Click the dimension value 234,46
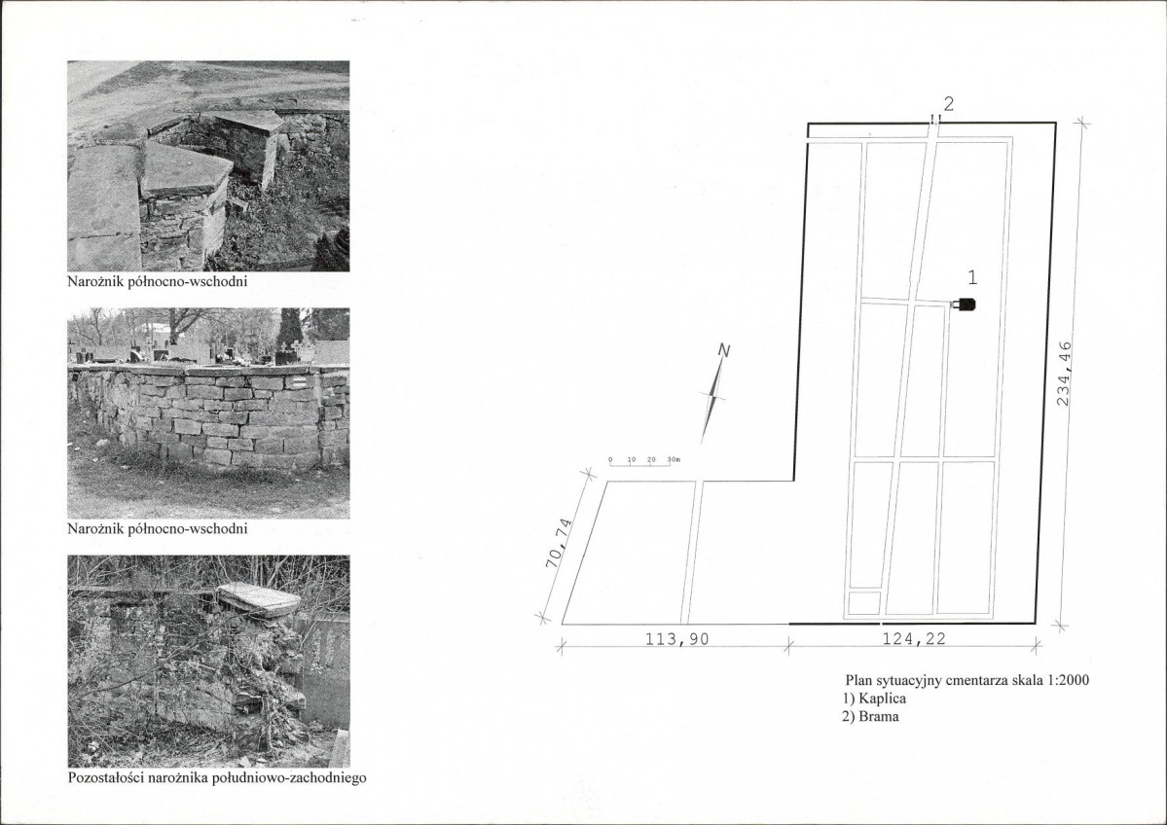(1064, 374)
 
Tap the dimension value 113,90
(676, 639)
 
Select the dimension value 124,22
(914, 638)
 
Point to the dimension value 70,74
(561, 543)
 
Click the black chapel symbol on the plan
(965, 305)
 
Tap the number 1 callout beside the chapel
(972, 277)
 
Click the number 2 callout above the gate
(949, 104)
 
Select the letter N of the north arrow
(723, 351)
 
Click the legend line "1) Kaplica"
(874, 699)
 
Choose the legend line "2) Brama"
(870, 717)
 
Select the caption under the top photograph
(158, 282)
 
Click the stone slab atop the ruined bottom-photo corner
(258, 598)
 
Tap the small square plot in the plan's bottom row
(863, 602)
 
